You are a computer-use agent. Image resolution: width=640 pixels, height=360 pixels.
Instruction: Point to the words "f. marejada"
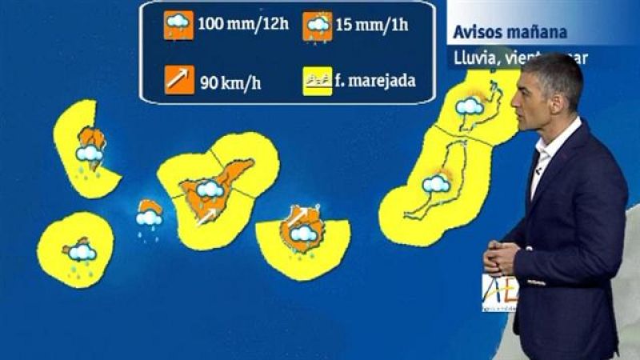376,80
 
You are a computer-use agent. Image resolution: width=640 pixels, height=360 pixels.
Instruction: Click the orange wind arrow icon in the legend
176,80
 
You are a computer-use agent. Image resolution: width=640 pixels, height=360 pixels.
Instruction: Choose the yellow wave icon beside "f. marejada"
317,81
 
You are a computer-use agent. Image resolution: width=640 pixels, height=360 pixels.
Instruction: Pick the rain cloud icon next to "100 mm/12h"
176,26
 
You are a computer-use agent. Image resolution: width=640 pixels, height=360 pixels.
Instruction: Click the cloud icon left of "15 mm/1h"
318,26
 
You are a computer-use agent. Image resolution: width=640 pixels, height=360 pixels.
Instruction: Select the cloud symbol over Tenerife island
210,189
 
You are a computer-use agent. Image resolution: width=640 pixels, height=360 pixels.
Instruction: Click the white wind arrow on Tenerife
206,216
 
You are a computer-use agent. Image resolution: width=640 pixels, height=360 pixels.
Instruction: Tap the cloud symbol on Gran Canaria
303,234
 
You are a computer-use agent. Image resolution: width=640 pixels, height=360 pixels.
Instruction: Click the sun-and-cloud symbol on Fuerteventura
437,184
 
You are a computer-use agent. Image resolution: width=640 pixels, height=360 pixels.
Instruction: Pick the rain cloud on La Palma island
89,154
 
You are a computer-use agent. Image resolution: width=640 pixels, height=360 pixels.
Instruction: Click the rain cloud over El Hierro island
82,253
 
